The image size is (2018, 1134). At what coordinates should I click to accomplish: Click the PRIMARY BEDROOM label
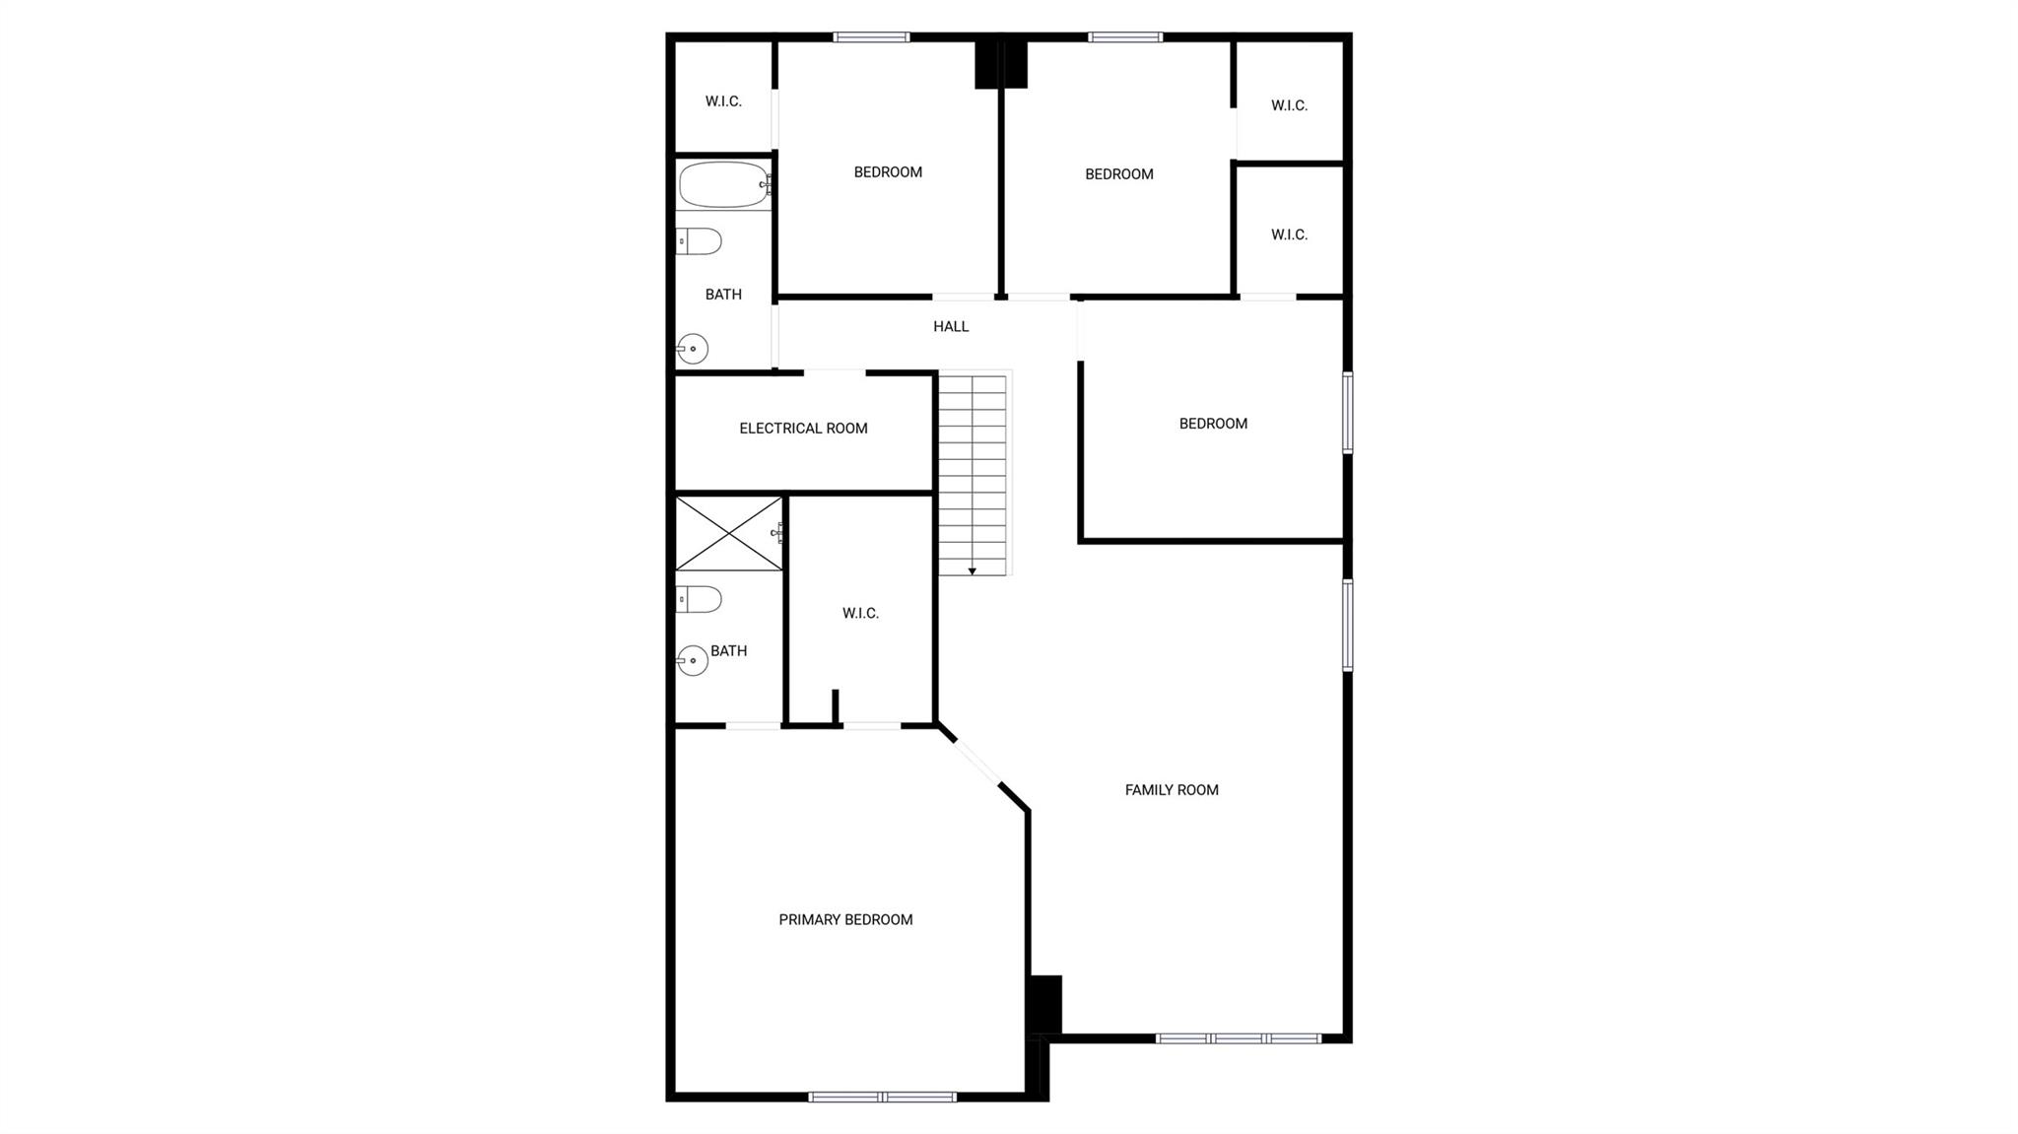coord(845,919)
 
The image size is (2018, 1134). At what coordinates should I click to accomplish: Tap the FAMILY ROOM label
coord(1172,789)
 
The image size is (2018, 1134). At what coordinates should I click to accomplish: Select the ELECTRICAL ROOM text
coord(803,428)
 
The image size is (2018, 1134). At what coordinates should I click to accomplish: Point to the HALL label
coord(951,326)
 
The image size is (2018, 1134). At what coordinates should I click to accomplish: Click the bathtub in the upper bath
coord(723,184)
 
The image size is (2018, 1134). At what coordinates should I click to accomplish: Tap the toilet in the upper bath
coord(700,240)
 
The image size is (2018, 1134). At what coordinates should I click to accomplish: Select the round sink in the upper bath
coord(693,349)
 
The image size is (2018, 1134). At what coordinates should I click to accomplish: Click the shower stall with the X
coord(728,533)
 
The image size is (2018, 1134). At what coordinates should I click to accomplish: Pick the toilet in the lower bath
coord(700,598)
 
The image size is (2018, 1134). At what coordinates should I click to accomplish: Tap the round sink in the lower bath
coord(693,660)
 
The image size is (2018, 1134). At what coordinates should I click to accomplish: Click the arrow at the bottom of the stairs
coord(973,570)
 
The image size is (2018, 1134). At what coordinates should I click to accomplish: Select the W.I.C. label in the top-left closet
coord(723,101)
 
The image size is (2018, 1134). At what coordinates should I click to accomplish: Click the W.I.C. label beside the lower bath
coord(860,613)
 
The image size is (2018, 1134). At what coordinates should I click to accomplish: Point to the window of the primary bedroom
coord(882,1097)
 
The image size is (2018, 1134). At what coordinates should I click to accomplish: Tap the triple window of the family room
coord(1238,1037)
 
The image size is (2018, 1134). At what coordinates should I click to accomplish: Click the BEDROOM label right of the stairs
coord(1213,424)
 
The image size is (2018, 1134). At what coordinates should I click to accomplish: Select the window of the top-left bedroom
coord(871,37)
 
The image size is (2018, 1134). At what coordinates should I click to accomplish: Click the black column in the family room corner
coord(1044,1004)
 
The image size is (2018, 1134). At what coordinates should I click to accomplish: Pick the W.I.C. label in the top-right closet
coord(1289,105)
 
